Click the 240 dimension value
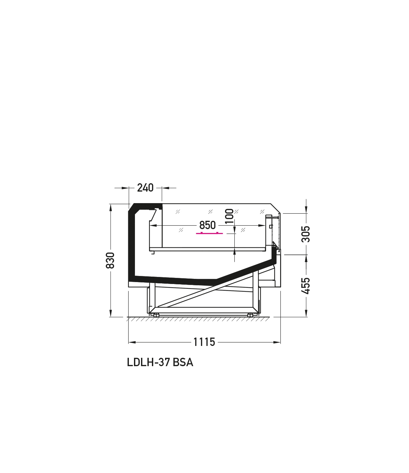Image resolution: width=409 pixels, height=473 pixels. pos(145,188)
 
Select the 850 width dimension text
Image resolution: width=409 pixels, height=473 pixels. pos(207,225)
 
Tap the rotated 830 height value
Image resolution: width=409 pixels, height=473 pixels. pos(110,260)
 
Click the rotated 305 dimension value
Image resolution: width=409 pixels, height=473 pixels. pos(306,234)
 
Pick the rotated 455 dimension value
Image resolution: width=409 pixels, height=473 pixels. pos(306,286)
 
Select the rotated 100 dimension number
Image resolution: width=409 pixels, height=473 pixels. pos(230,216)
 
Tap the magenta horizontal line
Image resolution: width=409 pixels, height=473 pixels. pos(209,233)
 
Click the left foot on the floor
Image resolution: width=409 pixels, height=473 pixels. pos(156,315)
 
